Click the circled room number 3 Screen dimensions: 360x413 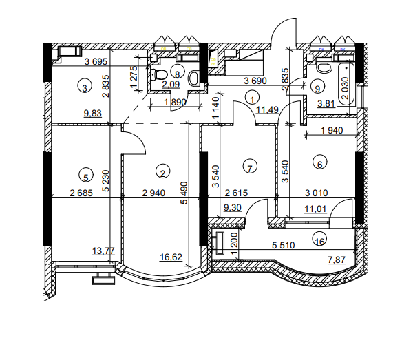(84, 87)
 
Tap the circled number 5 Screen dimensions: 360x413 (84, 174)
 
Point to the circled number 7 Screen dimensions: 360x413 (251, 166)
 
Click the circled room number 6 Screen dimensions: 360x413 (318, 163)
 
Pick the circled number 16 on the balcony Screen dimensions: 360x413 (318, 240)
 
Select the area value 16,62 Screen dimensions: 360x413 (171, 257)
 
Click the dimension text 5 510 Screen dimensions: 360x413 (283, 244)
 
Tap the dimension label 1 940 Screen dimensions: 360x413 (333, 130)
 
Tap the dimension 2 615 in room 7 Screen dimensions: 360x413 (235, 194)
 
